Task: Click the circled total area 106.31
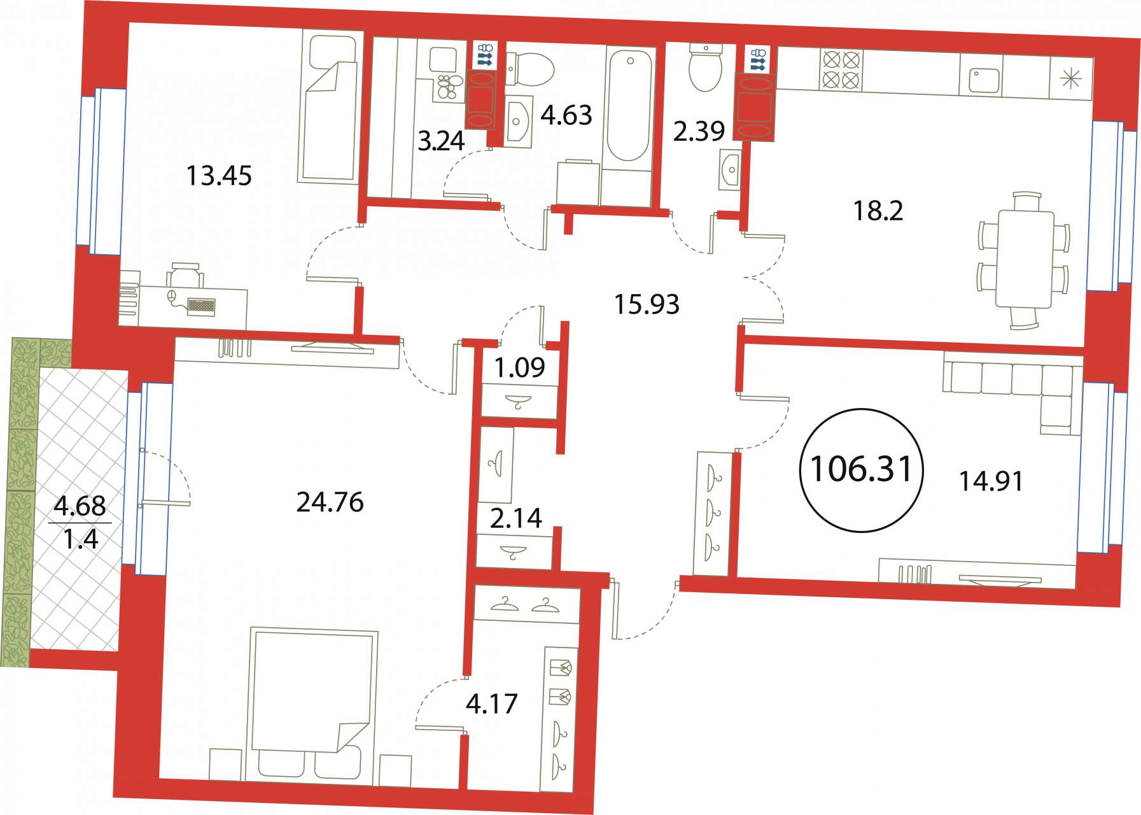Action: click(861, 470)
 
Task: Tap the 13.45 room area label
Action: click(219, 176)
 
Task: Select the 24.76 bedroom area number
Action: click(330, 502)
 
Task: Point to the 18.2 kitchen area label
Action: click(878, 211)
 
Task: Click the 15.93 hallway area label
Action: click(647, 305)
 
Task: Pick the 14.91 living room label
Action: click(991, 481)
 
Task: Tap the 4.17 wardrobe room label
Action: click(492, 704)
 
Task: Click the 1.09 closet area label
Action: click(520, 367)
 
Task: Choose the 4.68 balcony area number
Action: click(80, 506)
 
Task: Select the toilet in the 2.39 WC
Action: click(706, 67)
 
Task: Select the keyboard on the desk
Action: click(202, 305)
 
